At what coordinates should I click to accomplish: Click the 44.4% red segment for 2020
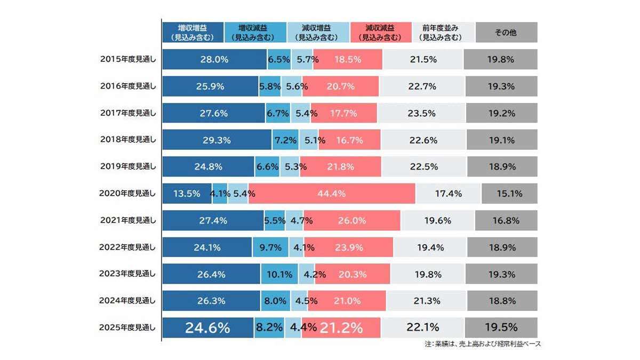(332, 194)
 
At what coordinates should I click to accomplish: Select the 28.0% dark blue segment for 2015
(214, 60)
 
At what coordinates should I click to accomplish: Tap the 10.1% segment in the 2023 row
(279, 274)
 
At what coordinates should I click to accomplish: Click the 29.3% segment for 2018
(217, 140)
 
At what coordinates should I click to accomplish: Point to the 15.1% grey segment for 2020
(509, 194)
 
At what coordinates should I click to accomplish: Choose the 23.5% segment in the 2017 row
(421, 114)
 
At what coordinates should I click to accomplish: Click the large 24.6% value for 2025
(207, 327)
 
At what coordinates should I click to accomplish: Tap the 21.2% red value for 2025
(341, 327)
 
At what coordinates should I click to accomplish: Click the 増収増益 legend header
(193, 33)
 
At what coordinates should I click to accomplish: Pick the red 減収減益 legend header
(381, 33)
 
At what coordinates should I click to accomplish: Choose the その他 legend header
(506, 33)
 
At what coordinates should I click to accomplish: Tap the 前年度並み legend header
(443, 33)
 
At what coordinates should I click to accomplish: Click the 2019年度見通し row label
(128, 167)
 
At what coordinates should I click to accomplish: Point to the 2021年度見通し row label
(128, 220)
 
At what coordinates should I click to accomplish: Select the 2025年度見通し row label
(128, 327)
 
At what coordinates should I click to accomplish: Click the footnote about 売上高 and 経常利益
(483, 345)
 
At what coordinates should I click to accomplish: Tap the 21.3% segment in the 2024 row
(427, 301)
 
